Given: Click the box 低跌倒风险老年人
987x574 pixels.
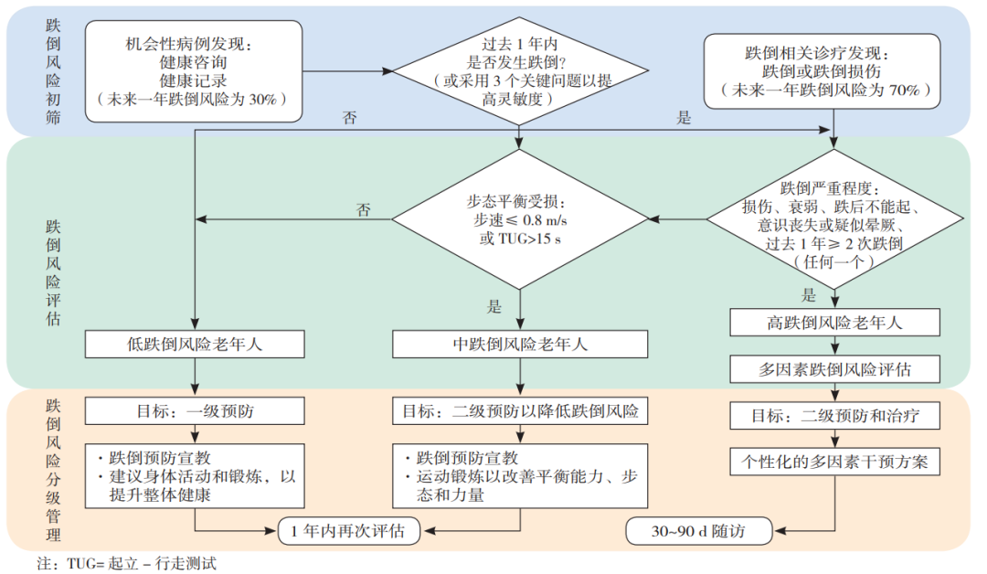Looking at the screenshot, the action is coord(195,345).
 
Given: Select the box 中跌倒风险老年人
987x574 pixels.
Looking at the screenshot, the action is coord(520,345).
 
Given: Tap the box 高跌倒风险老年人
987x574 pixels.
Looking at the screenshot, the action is coord(834,323).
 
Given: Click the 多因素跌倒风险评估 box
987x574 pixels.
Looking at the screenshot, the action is coord(834,369).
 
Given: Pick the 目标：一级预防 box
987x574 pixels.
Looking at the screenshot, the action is coord(195,411).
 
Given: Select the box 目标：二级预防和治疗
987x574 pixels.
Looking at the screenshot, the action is coord(834,415).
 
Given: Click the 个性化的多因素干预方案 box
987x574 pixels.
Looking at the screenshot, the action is coord(834,462).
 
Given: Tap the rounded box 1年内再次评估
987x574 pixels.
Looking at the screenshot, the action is coord(349,530).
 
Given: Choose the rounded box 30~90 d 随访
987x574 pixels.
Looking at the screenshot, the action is coord(699,530).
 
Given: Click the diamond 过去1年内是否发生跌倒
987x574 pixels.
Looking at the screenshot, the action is coord(520,70).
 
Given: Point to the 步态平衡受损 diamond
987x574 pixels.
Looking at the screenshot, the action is coord(520,219).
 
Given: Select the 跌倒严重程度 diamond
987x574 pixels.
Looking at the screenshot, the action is coord(834,219).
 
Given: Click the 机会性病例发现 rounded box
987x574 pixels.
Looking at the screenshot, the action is coord(194,71).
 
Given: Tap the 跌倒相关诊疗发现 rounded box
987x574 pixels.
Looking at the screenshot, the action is coord(822,71).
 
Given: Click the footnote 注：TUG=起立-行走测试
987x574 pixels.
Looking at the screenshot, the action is coord(126,563).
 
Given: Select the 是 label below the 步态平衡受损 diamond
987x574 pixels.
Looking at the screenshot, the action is coord(494,306).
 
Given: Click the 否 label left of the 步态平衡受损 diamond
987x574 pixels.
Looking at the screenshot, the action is coord(364,209).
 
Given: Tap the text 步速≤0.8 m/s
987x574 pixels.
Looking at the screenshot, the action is coord(520,220).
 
